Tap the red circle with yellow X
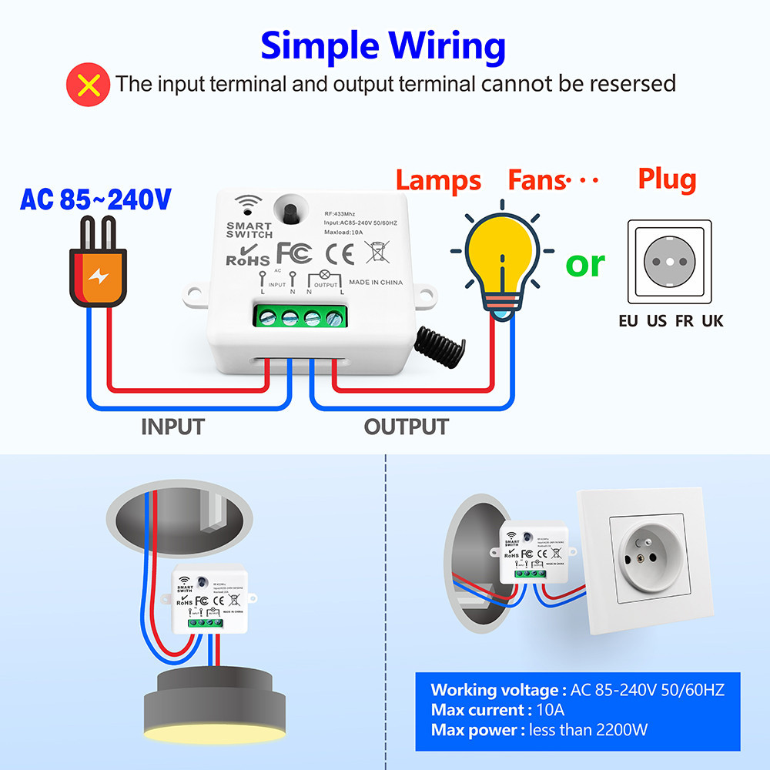coord(88,84)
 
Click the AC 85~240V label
coord(95,200)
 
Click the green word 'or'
coord(585,264)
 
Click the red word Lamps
coord(438,181)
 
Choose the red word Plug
coord(667,179)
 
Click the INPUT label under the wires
coord(172,426)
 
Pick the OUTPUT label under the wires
coord(406,426)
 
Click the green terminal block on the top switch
coord(300,316)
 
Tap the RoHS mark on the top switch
coord(247,256)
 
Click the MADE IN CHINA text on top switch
coord(375,283)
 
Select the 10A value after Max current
coord(550,709)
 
